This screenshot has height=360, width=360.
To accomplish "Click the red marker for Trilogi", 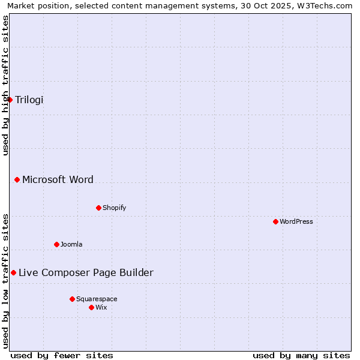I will [10, 100].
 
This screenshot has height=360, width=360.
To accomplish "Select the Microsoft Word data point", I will [17, 179].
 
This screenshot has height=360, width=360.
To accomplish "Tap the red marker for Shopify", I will [98, 208].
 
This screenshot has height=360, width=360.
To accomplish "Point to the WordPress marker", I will [275, 221].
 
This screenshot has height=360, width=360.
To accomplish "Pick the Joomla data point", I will [56, 244].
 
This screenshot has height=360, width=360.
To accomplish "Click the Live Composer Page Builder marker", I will [13, 272].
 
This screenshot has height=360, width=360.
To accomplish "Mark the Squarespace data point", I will [72, 299].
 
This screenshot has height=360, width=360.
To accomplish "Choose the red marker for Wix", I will [91, 307].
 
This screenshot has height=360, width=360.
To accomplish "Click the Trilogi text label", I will [29, 100].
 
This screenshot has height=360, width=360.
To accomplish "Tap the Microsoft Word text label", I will [58, 179].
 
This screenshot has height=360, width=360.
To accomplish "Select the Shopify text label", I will [114, 208].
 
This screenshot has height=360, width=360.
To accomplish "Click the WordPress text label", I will [296, 221].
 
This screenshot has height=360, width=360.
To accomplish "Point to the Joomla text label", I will [71, 244].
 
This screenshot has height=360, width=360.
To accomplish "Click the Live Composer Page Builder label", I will [86, 272].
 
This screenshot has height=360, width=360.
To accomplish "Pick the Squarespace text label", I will [97, 299].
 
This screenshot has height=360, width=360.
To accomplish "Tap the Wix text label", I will [101, 307].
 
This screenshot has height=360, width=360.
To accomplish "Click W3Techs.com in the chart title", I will [328, 5].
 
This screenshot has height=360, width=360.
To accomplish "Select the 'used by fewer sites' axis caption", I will [62, 355].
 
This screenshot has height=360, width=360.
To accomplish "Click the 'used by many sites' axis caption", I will [301, 355].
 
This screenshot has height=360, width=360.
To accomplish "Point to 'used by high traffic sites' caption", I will [5, 85].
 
